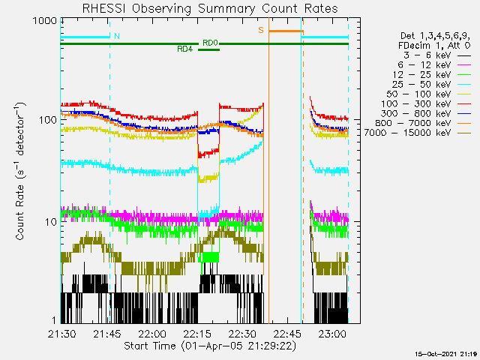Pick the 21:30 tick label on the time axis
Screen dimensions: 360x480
coord(61,333)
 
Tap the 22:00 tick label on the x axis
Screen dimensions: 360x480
coord(151,333)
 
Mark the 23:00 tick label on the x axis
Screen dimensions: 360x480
coord(331,333)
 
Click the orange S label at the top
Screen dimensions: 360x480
coord(261,30)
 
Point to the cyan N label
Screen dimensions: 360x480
coord(116,36)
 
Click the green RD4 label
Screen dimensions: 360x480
coord(184,49)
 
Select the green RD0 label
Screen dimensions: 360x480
coord(210,43)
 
